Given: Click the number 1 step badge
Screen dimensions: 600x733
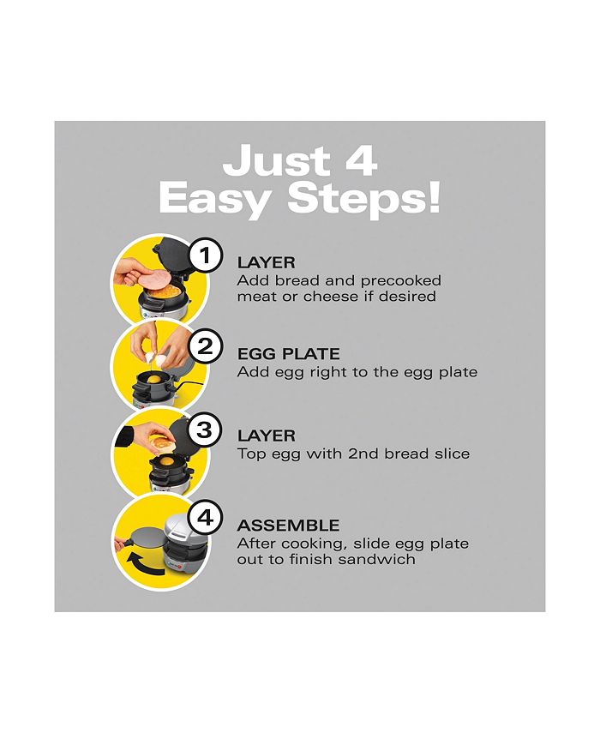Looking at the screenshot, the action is [x=205, y=255].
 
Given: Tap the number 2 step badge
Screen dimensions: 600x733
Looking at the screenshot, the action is [x=205, y=347].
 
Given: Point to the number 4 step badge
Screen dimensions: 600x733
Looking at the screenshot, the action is [x=205, y=518].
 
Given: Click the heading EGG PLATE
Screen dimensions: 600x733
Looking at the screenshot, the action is [x=288, y=354].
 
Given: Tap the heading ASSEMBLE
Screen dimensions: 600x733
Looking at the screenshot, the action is [x=288, y=526].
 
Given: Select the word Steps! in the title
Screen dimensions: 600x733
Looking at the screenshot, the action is [x=364, y=200].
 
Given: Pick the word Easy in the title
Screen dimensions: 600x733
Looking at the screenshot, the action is [x=215, y=200].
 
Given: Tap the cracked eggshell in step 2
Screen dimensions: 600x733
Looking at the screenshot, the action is [x=157, y=359].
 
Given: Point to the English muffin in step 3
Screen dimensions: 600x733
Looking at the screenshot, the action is [x=161, y=443].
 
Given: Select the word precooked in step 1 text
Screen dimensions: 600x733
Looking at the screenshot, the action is [x=401, y=281].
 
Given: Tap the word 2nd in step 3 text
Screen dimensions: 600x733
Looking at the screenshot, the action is [x=363, y=454].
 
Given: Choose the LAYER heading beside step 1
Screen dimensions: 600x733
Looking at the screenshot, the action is [x=267, y=262].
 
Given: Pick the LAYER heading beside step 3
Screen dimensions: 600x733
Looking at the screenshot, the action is [x=267, y=436].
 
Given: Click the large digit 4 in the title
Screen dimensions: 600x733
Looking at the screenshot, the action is [x=361, y=160].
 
